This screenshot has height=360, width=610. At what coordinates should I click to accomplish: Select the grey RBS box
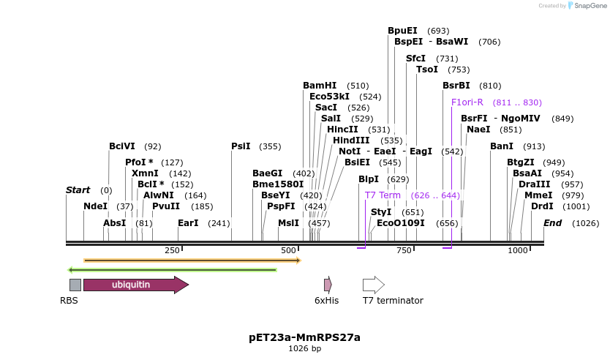coord(75,285)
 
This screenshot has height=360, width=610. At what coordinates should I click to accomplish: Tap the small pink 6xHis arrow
coord(328,285)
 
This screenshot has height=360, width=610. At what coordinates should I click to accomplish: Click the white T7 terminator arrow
coord(373,285)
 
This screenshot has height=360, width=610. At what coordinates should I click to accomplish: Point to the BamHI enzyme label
coord(320,86)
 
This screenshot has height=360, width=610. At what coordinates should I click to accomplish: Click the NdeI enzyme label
coord(95,206)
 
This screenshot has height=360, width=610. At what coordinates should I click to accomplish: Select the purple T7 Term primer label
coord(383,195)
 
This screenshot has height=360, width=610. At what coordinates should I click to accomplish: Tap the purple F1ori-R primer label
coord(467,102)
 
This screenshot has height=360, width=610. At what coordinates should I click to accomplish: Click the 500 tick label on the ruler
coord(287,251)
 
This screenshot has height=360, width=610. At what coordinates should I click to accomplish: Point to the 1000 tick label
coord(518,251)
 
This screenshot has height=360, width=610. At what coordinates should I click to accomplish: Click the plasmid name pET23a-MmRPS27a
coord(304,337)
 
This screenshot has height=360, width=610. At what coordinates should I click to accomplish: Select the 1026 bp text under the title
coord(304,349)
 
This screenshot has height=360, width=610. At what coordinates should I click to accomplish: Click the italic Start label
coord(78,190)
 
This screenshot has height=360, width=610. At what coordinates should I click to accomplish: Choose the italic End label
coord(552,222)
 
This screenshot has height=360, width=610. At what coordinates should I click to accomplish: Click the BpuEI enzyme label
coord(402,31)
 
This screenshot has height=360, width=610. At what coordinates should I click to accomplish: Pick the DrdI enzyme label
coord(542,206)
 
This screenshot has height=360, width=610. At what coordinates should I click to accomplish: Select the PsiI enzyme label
coord(241,146)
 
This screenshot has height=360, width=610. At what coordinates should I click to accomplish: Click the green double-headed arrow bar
coord(173,269)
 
